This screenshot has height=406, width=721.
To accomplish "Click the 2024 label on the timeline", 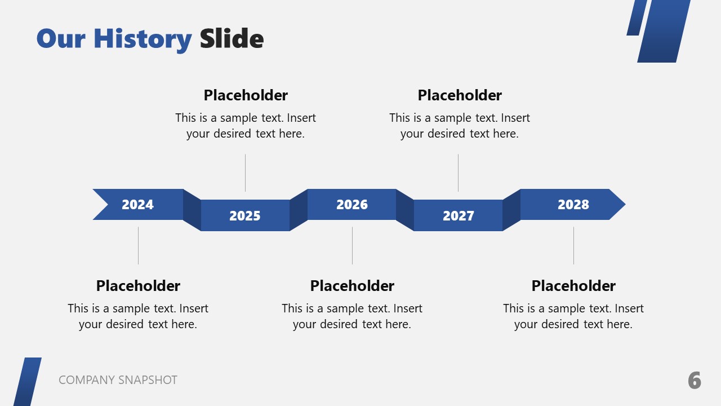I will (137, 205).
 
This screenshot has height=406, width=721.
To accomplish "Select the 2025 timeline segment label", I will (245, 216).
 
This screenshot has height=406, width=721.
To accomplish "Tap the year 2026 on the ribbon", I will (352, 205).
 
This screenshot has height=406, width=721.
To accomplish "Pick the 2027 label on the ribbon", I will (459, 216).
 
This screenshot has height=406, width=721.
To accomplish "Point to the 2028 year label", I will (573, 205).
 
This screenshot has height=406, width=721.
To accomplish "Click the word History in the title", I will (143, 39).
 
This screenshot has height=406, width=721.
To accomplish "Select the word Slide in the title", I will (232, 39).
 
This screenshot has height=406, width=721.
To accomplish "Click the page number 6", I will (695, 381).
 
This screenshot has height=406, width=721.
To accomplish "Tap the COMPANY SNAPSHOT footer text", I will (118, 380).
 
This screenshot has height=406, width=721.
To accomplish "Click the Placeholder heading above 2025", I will (246, 95).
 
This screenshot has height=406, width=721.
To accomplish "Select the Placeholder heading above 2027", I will (460, 95).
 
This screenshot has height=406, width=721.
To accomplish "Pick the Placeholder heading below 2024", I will (138, 286).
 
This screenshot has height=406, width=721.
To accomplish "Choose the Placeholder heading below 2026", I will (352, 286).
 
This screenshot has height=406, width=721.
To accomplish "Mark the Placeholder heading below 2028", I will (573, 286).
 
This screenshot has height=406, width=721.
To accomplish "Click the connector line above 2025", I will (245, 173).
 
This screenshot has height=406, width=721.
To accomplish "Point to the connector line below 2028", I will (573, 245).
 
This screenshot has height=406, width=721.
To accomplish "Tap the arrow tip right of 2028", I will (617, 204).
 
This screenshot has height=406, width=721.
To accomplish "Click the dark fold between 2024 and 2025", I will (192, 210).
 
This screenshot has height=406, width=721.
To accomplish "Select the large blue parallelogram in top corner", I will (664, 31).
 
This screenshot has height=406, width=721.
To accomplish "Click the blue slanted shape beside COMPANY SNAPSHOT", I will (28, 382).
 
